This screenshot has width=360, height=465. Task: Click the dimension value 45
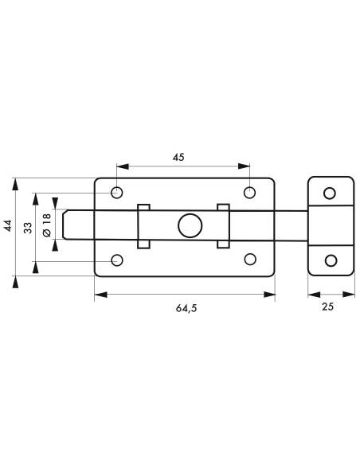click(x=178, y=157)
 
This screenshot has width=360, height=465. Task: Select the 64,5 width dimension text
click(x=186, y=308)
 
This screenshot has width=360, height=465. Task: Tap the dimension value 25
click(x=327, y=307)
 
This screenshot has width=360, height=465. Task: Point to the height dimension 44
click(x=7, y=225)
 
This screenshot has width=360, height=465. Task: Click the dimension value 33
click(x=28, y=228)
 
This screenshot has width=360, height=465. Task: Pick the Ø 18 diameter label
click(x=47, y=226)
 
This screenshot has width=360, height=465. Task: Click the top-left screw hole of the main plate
click(x=117, y=193)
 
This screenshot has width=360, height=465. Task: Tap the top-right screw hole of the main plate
click(x=249, y=193)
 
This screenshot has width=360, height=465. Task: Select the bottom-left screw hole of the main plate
click(x=117, y=260)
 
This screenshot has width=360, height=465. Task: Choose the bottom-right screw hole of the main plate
click(x=250, y=260)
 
